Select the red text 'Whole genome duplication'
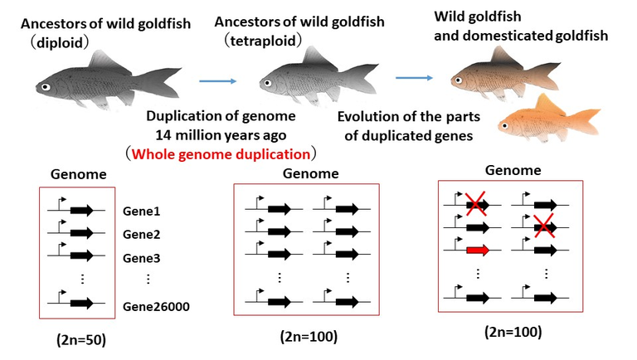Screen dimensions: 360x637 click(221, 153)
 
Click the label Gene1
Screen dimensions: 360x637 click(141, 212)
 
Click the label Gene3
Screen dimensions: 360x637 click(141, 258)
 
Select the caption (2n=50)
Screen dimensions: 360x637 click(75, 339)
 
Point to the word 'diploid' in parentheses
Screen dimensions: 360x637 click(60, 40)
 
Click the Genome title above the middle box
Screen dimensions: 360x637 click(311, 174)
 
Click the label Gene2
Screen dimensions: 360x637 click(141, 235)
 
